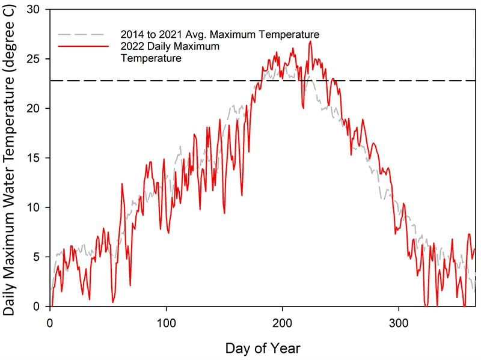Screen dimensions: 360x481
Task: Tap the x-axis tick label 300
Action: pyautogui.click(x=399, y=323)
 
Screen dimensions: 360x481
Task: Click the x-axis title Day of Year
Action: pyautogui.click(x=262, y=348)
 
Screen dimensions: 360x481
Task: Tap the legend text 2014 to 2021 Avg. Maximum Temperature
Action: pyautogui.click(x=219, y=34)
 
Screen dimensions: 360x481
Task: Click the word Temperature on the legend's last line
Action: pyautogui.click(x=151, y=58)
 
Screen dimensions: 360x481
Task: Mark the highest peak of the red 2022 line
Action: pyautogui.click(x=310, y=41)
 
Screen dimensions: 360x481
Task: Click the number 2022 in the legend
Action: pyautogui.click(x=133, y=46)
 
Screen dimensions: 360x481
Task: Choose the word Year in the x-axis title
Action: pyautogui.click(x=286, y=348)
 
